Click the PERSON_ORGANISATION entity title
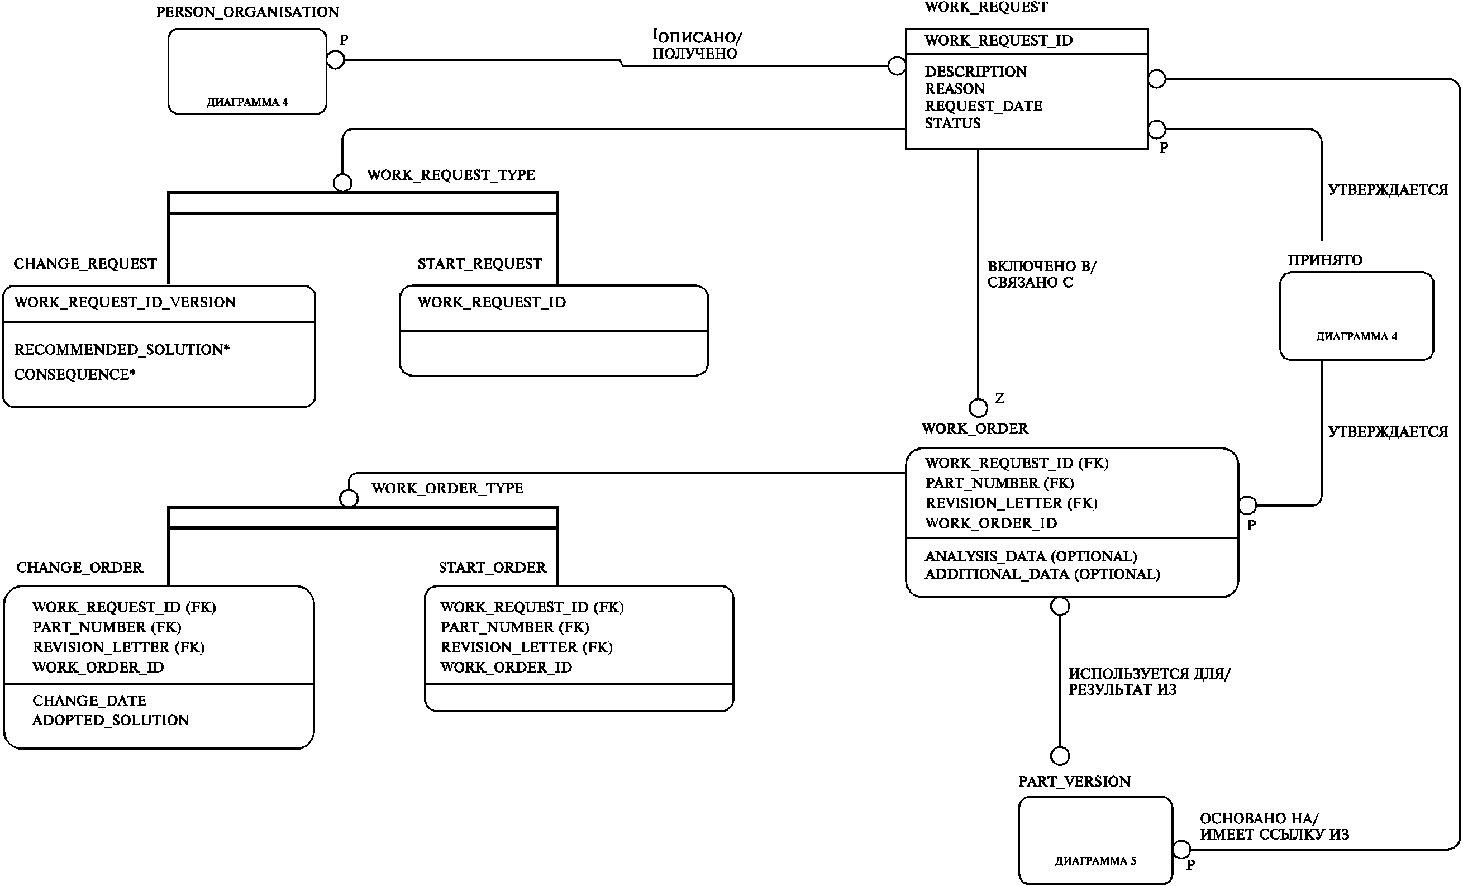coord(247,12)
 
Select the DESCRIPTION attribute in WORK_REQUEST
coord(975,72)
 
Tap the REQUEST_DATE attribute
coord(983,106)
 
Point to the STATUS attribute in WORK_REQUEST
coord(952,123)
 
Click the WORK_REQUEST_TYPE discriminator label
coord(451,175)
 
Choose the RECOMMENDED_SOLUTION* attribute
coord(122,349)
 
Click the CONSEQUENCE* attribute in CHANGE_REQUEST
coord(75,375)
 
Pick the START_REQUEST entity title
coord(479,264)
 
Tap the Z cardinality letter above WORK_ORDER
coord(1000,398)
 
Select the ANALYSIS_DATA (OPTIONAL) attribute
coord(1031,556)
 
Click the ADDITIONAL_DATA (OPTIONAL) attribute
coord(1042,574)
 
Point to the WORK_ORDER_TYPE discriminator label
coord(447,488)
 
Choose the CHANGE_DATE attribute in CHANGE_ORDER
coord(89,701)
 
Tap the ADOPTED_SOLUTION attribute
coord(111,720)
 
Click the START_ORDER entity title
coord(492,568)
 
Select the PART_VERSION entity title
coord(1074,782)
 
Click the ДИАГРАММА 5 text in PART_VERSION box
coord(1095,861)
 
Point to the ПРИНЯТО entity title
coord(1325,260)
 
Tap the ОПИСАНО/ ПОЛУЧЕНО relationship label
coord(697,45)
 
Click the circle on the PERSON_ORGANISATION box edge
coord(336,59)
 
